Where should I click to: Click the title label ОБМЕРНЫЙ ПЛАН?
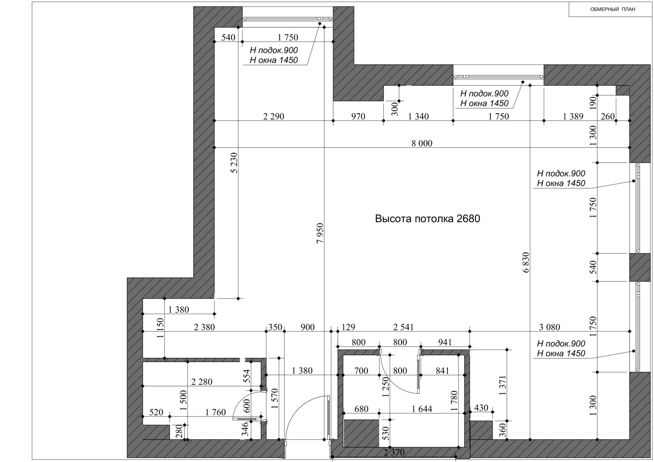(613, 9)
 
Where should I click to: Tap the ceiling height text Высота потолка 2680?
(427, 219)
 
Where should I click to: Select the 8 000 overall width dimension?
(422, 143)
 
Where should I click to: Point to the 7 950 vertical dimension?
(320, 233)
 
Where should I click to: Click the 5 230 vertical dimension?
(234, 163)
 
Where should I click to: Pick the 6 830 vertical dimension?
(526, 262)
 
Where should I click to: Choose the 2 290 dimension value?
(274, 116)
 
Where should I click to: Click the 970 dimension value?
(358, 116)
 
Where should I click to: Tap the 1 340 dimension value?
(418, 116)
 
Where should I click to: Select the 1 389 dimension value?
(573, 116)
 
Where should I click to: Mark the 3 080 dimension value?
(550, 327)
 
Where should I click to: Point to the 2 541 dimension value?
(403, 327)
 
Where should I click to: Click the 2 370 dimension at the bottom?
(394, 453)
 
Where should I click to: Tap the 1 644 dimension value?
(422, 409)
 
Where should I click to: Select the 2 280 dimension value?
(202, 382)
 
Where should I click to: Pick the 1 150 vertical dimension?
(160, 328)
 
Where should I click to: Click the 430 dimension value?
(481, 408)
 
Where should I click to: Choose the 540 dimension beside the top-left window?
(228, 37)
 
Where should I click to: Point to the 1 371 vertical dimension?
(503, 385)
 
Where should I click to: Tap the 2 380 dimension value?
(204, 327)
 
